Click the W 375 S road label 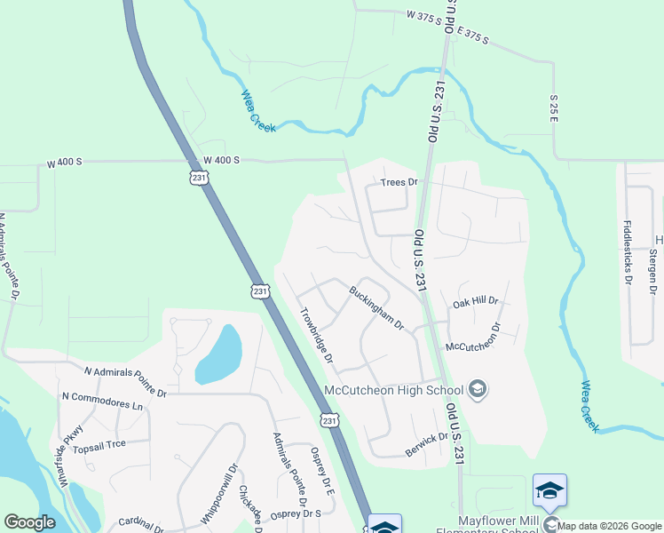pyautogui.click(x=423, y=14)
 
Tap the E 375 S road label pyautogui.click(x=473, y=37)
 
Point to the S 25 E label pyautogui.click(x=554, y=108)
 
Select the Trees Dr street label pyautogui.click(x=399, y=182)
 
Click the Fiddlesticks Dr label pyautogui.click(x=627, y=251)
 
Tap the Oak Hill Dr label pyautogui.click(x=476, y=302)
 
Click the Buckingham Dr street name pyautogui.click(x=376, y=306)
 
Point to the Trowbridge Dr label pyautogui.click(x=316, y=335)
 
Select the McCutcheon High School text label pyautogui.click(x=394, y=390)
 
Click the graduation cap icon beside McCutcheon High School pyautogui.click(x=478, y=389)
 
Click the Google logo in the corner pyautogui.click(x=28, y=522)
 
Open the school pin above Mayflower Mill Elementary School pyautogui.click(x=549, y=491)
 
